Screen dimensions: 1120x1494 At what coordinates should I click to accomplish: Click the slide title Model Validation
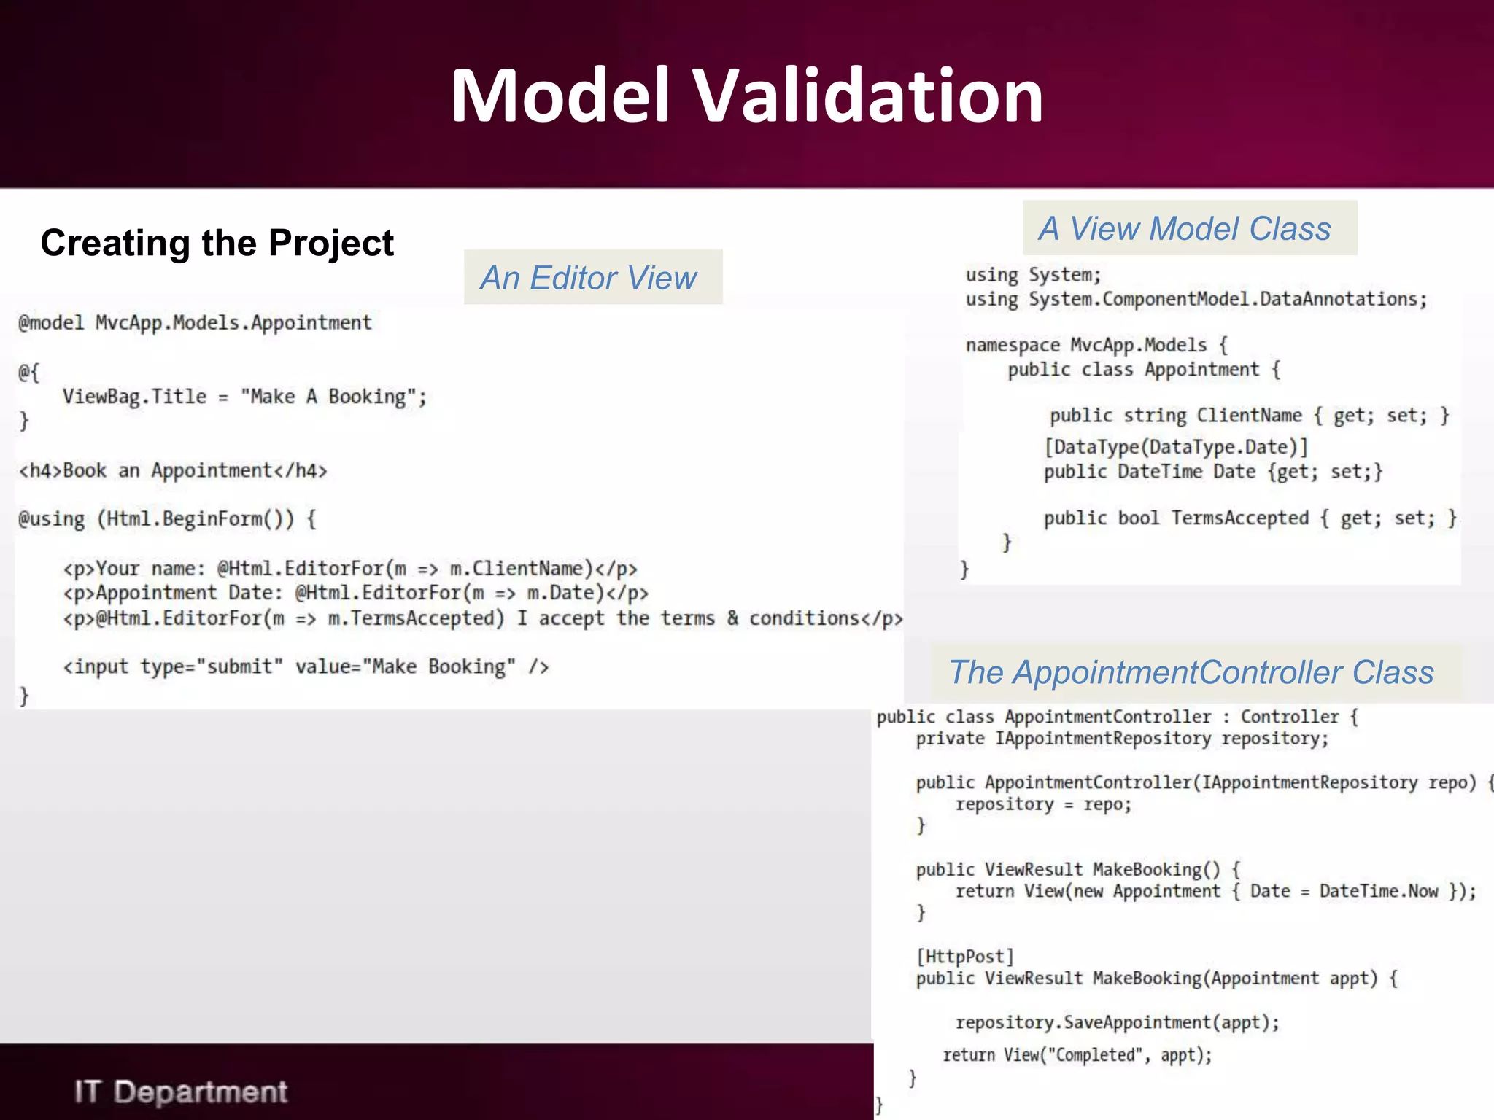coord(746,96)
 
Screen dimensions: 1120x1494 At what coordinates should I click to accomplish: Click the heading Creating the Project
coord(217,243)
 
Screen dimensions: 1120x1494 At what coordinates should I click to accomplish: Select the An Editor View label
coord(589,278)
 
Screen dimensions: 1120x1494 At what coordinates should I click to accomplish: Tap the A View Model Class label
coord(1185,229)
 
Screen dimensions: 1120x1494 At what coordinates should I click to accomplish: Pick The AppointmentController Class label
coord(1191,672)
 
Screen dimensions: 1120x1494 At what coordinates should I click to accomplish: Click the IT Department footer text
coord(181,1092)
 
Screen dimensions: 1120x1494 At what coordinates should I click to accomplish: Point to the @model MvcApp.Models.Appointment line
coord(195,323)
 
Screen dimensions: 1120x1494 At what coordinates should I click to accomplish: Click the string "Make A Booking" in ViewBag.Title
coord(333,397)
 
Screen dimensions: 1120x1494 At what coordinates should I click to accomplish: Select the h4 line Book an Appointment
coord(173,471)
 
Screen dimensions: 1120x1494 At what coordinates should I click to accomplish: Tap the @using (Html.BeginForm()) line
coord(167,519)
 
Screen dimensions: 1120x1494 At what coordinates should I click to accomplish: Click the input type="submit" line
coord(306,667)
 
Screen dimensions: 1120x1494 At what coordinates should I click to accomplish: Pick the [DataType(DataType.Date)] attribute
coord(1176,447)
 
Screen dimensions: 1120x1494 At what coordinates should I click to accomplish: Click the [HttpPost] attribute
coord(965,957)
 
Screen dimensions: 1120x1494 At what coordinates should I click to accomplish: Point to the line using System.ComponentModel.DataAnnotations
coord(1196,300)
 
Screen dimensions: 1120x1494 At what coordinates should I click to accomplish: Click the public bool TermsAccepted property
coord(1250,518)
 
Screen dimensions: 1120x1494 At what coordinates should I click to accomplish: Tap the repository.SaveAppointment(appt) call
coord(1117,1023)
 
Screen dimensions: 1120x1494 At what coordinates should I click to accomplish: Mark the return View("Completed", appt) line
coord(1077,1055)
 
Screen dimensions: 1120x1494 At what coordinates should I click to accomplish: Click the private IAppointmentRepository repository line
coord(1122,739)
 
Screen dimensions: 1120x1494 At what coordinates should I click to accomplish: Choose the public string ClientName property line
coord(1249,416)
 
